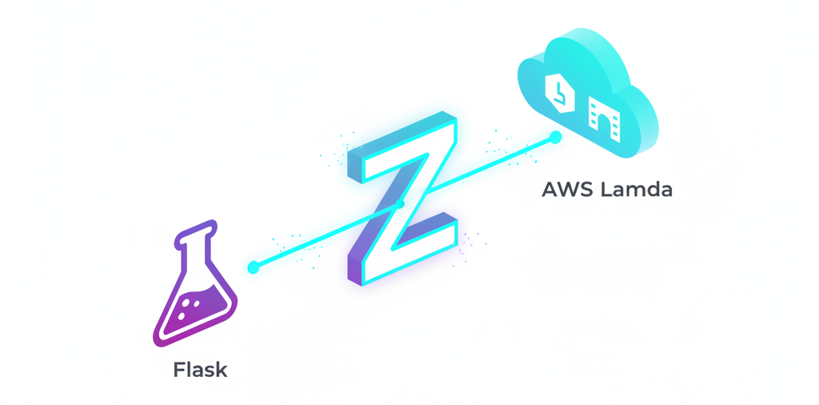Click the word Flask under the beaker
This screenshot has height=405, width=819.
coord(200,371)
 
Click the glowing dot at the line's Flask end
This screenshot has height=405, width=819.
coord(254,267)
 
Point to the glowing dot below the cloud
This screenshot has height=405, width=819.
coord(556,138)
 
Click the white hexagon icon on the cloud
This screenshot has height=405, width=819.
coord(560,92)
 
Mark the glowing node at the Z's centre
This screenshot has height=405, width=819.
coord(402,204)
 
